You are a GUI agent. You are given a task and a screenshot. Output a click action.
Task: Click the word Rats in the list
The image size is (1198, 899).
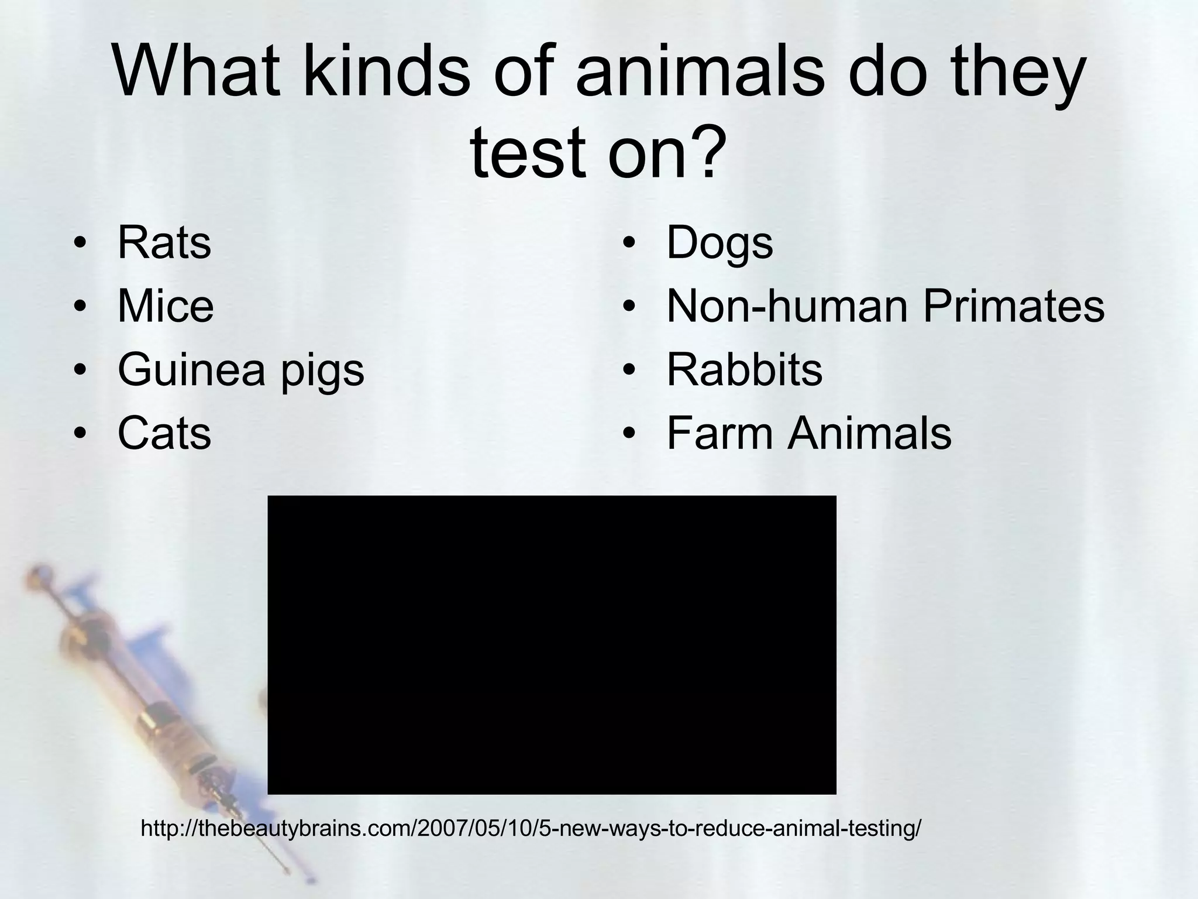coord(164,243)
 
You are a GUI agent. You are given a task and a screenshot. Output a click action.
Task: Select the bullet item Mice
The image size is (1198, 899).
coord(166,306)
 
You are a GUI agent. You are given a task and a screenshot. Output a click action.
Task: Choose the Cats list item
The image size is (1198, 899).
coord(164,434)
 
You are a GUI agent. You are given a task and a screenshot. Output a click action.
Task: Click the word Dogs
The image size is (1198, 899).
coord(720,244)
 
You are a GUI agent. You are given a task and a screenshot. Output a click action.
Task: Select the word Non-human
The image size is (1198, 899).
coord(787,306)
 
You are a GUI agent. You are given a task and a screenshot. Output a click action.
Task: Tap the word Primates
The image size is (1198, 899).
coord(1014,306)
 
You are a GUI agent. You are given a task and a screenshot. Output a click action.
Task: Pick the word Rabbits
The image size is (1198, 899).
coord(744,370)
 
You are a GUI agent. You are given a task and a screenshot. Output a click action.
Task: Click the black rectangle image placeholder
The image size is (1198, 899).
coord(552,645)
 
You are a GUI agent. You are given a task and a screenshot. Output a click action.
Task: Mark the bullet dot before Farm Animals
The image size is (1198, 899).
coord(629,434)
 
